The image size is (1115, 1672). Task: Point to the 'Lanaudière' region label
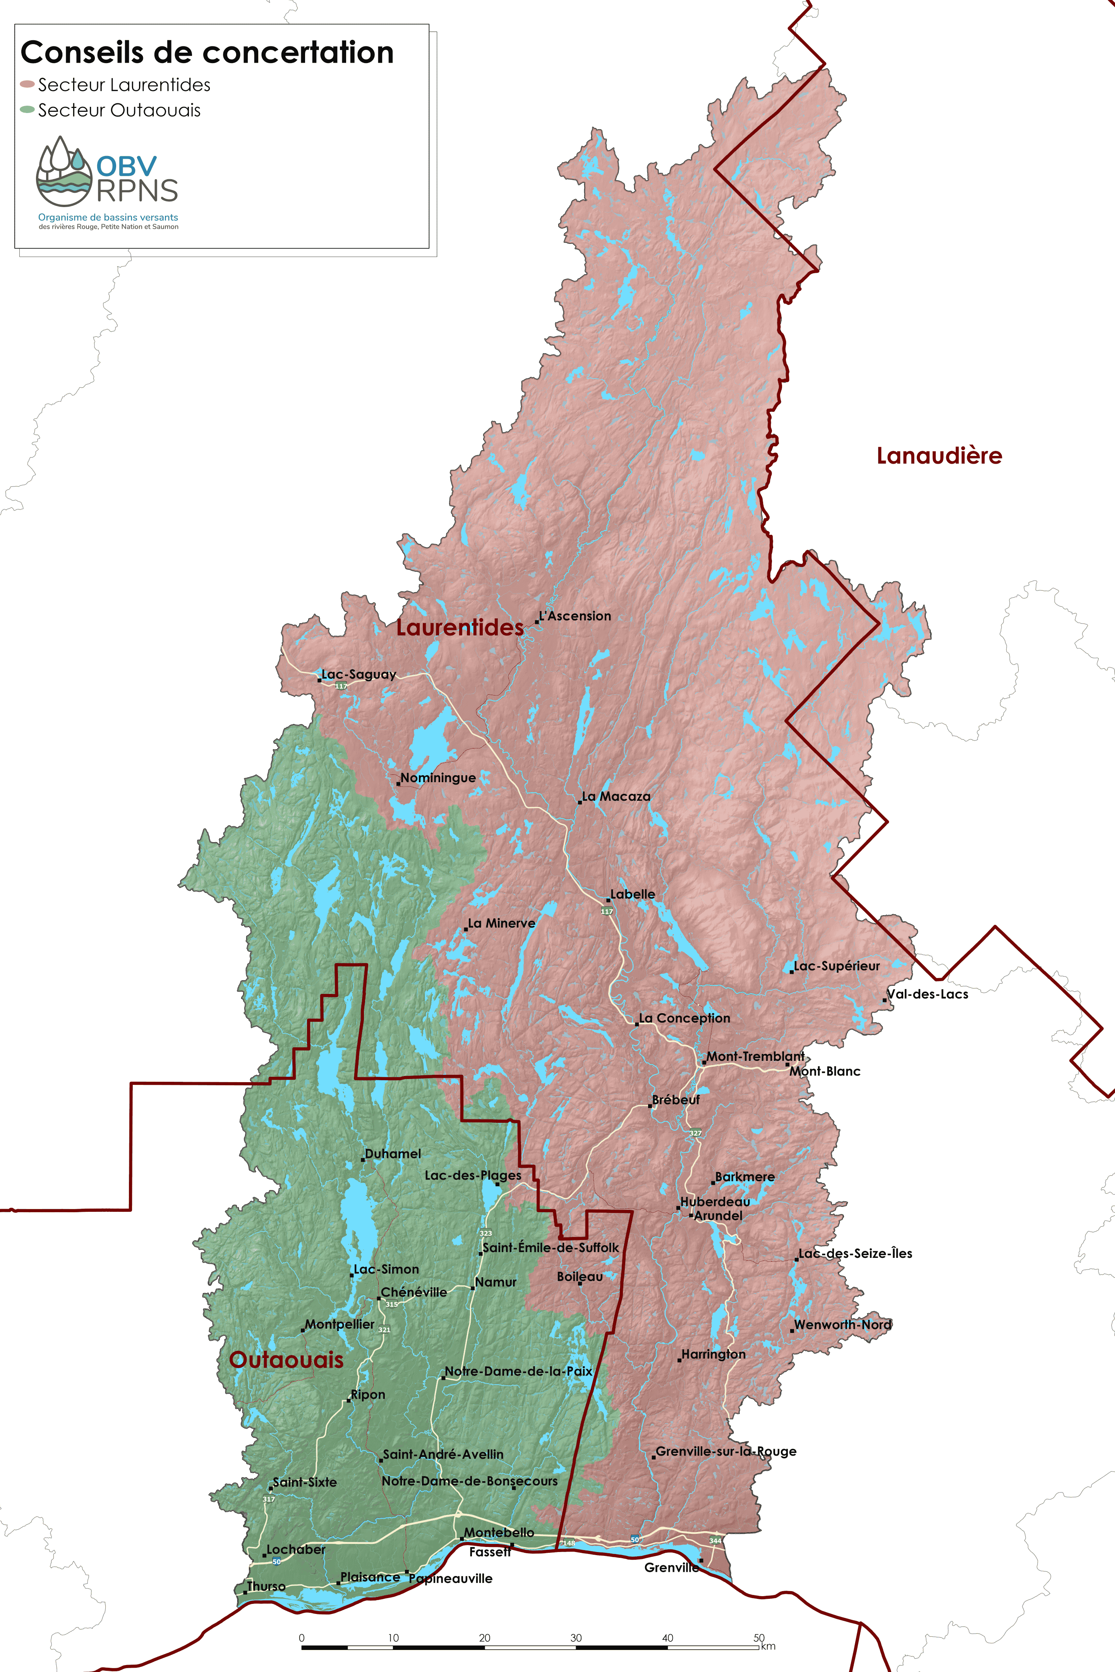[938, 456]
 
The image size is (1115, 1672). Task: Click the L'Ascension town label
[575, 616]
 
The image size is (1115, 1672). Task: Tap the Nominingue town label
[438, 778]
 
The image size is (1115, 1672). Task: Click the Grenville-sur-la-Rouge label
[725, 1452]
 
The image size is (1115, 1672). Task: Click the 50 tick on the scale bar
[759, 1637]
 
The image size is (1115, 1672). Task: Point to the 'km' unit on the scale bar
[768, 1646]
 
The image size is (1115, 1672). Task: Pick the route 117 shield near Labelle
[607, 911]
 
